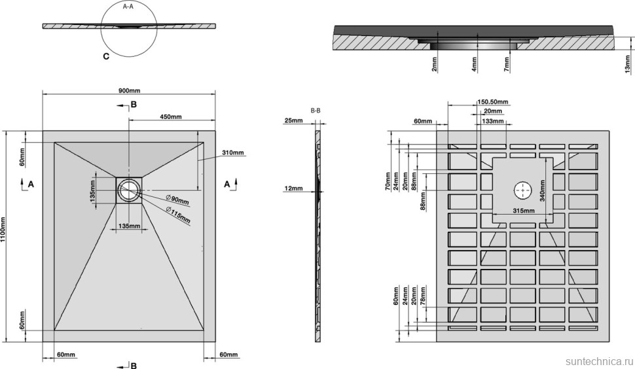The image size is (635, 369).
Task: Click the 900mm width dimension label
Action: click(x=129, y=90)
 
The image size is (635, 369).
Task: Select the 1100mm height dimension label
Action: click(x=5, y=230)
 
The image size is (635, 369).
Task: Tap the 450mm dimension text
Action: click(x=170, y=116)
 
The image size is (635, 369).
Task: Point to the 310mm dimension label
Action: click(x=232, y=152)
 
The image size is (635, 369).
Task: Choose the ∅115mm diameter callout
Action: click(x=179, y=213)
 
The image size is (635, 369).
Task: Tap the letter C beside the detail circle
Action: click(x=106, y=57)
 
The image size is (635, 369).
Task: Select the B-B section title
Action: click(x=315, y=111)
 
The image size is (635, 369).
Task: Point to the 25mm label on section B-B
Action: click(x=293, y=121)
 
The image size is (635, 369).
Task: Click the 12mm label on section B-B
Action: click(x=293, y=188)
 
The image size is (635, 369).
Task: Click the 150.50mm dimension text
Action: click(x=493, y=102)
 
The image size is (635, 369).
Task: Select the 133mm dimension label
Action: click(x=493, y=122)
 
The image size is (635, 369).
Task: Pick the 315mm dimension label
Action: click(x=522, y=211)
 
